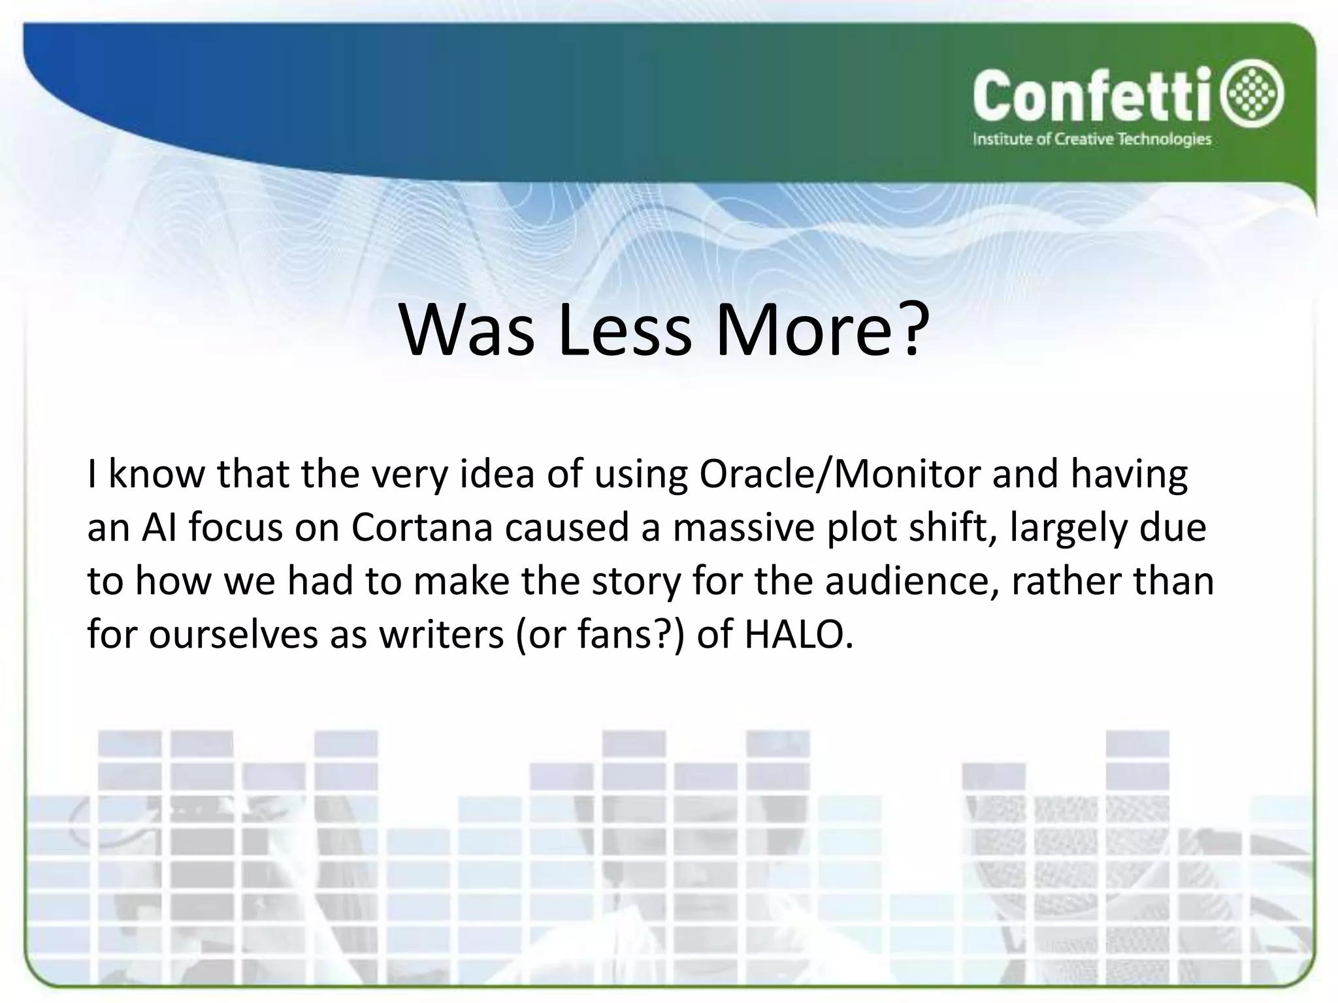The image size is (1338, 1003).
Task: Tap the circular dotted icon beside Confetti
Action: coord(1256,97)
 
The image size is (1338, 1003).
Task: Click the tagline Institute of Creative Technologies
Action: coord(1092,140)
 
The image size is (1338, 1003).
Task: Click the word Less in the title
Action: coord(624,330)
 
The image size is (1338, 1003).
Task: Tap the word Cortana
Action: coord(421,528)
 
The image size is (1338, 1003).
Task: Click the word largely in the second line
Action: coord(1068,528)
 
